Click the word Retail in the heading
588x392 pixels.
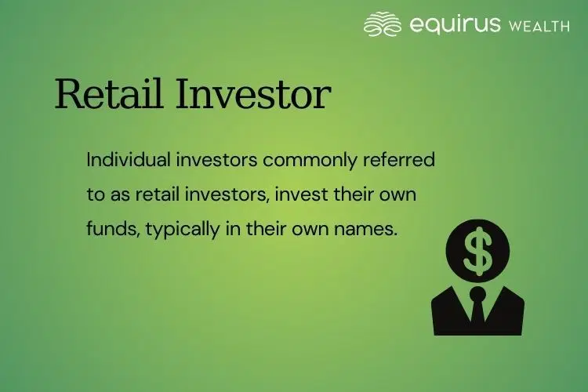coord(105,95)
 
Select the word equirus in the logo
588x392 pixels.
coord(455,24)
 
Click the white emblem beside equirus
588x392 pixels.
coord(383,24)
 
